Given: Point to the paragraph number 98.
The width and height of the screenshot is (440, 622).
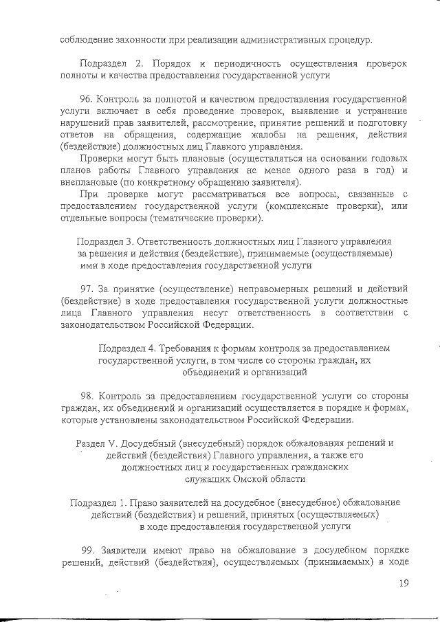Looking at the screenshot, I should click(87, 396).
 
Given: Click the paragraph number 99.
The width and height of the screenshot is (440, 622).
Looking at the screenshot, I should click(88, 551).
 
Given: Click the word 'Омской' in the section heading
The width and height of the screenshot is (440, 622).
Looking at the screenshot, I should click(236, 479).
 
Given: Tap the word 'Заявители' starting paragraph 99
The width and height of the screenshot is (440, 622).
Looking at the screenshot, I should click(125, 551).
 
